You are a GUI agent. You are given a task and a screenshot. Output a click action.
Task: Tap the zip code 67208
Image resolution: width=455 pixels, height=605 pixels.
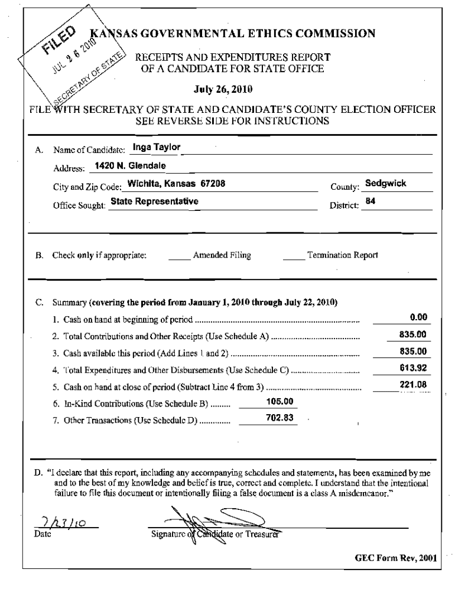[210, 183]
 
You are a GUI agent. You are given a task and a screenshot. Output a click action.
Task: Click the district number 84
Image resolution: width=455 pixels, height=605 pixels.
[371, 201]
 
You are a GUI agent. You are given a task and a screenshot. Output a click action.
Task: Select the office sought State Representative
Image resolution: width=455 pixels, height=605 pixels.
[154, 201]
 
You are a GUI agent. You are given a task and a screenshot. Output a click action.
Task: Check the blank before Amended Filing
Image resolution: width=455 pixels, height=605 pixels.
[180, 256]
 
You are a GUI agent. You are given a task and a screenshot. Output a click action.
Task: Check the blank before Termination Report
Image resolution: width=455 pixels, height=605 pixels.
[294, 256]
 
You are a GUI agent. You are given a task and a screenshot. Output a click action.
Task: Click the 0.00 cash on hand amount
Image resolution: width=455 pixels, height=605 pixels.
[418, 317]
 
